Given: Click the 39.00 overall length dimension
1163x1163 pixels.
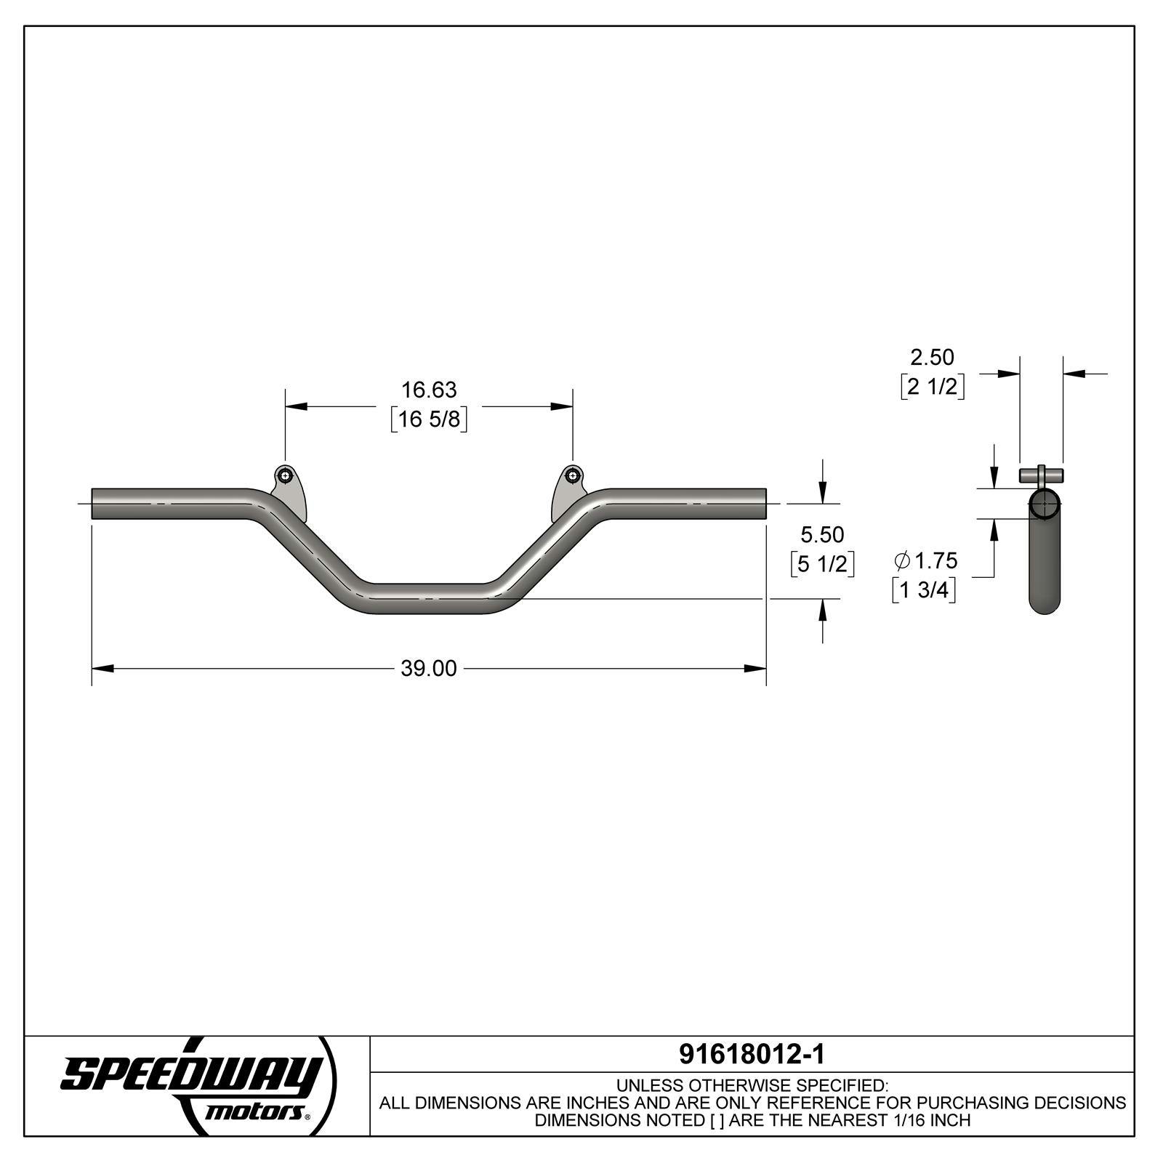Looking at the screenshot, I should tap(429, 669).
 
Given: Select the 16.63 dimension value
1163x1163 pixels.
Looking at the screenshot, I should tap(429, 390).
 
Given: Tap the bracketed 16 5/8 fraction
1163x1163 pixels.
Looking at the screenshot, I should tap(429, 419).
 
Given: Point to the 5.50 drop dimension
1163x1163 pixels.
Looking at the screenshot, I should tap(822, 535).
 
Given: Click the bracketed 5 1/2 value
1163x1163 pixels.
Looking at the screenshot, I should tap(822, 564).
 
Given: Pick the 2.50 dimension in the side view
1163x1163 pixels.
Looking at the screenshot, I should tap(932, 357).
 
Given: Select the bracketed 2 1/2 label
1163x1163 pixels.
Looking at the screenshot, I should tap(932, 387).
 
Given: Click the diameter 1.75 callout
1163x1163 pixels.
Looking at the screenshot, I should tap(926, 560).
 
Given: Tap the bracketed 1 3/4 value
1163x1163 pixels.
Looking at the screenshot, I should tap(924, 590).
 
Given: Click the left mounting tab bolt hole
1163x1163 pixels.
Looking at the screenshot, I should tap(285, 477).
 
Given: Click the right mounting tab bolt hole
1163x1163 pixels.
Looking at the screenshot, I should tap(573, 477).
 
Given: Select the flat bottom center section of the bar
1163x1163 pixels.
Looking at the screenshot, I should tap(429, 598).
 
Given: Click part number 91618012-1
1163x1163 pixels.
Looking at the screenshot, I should tap(752, 1054).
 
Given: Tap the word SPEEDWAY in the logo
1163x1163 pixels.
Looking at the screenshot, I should tap(190, 1074).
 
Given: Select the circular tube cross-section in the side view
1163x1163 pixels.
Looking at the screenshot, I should tap(1045, 504).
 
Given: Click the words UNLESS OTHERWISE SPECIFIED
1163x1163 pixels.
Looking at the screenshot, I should tap(752, 1085).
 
